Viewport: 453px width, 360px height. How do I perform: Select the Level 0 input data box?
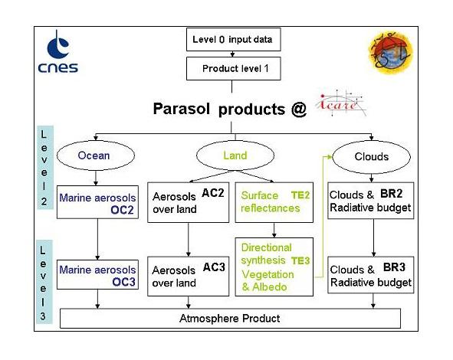coord(230,38)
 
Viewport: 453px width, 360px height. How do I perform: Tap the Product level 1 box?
coord(230,68)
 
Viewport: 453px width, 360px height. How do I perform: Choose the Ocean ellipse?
coord(94,156)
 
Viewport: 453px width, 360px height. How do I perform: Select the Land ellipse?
coord(235,155)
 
